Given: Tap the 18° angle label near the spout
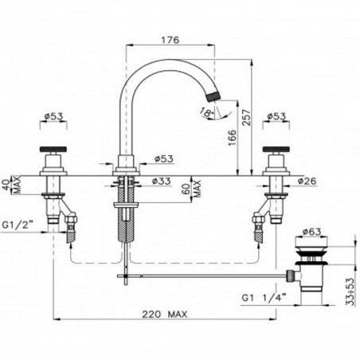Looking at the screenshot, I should tap(209, 114).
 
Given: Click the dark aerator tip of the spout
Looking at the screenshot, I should tap(211, 96).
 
